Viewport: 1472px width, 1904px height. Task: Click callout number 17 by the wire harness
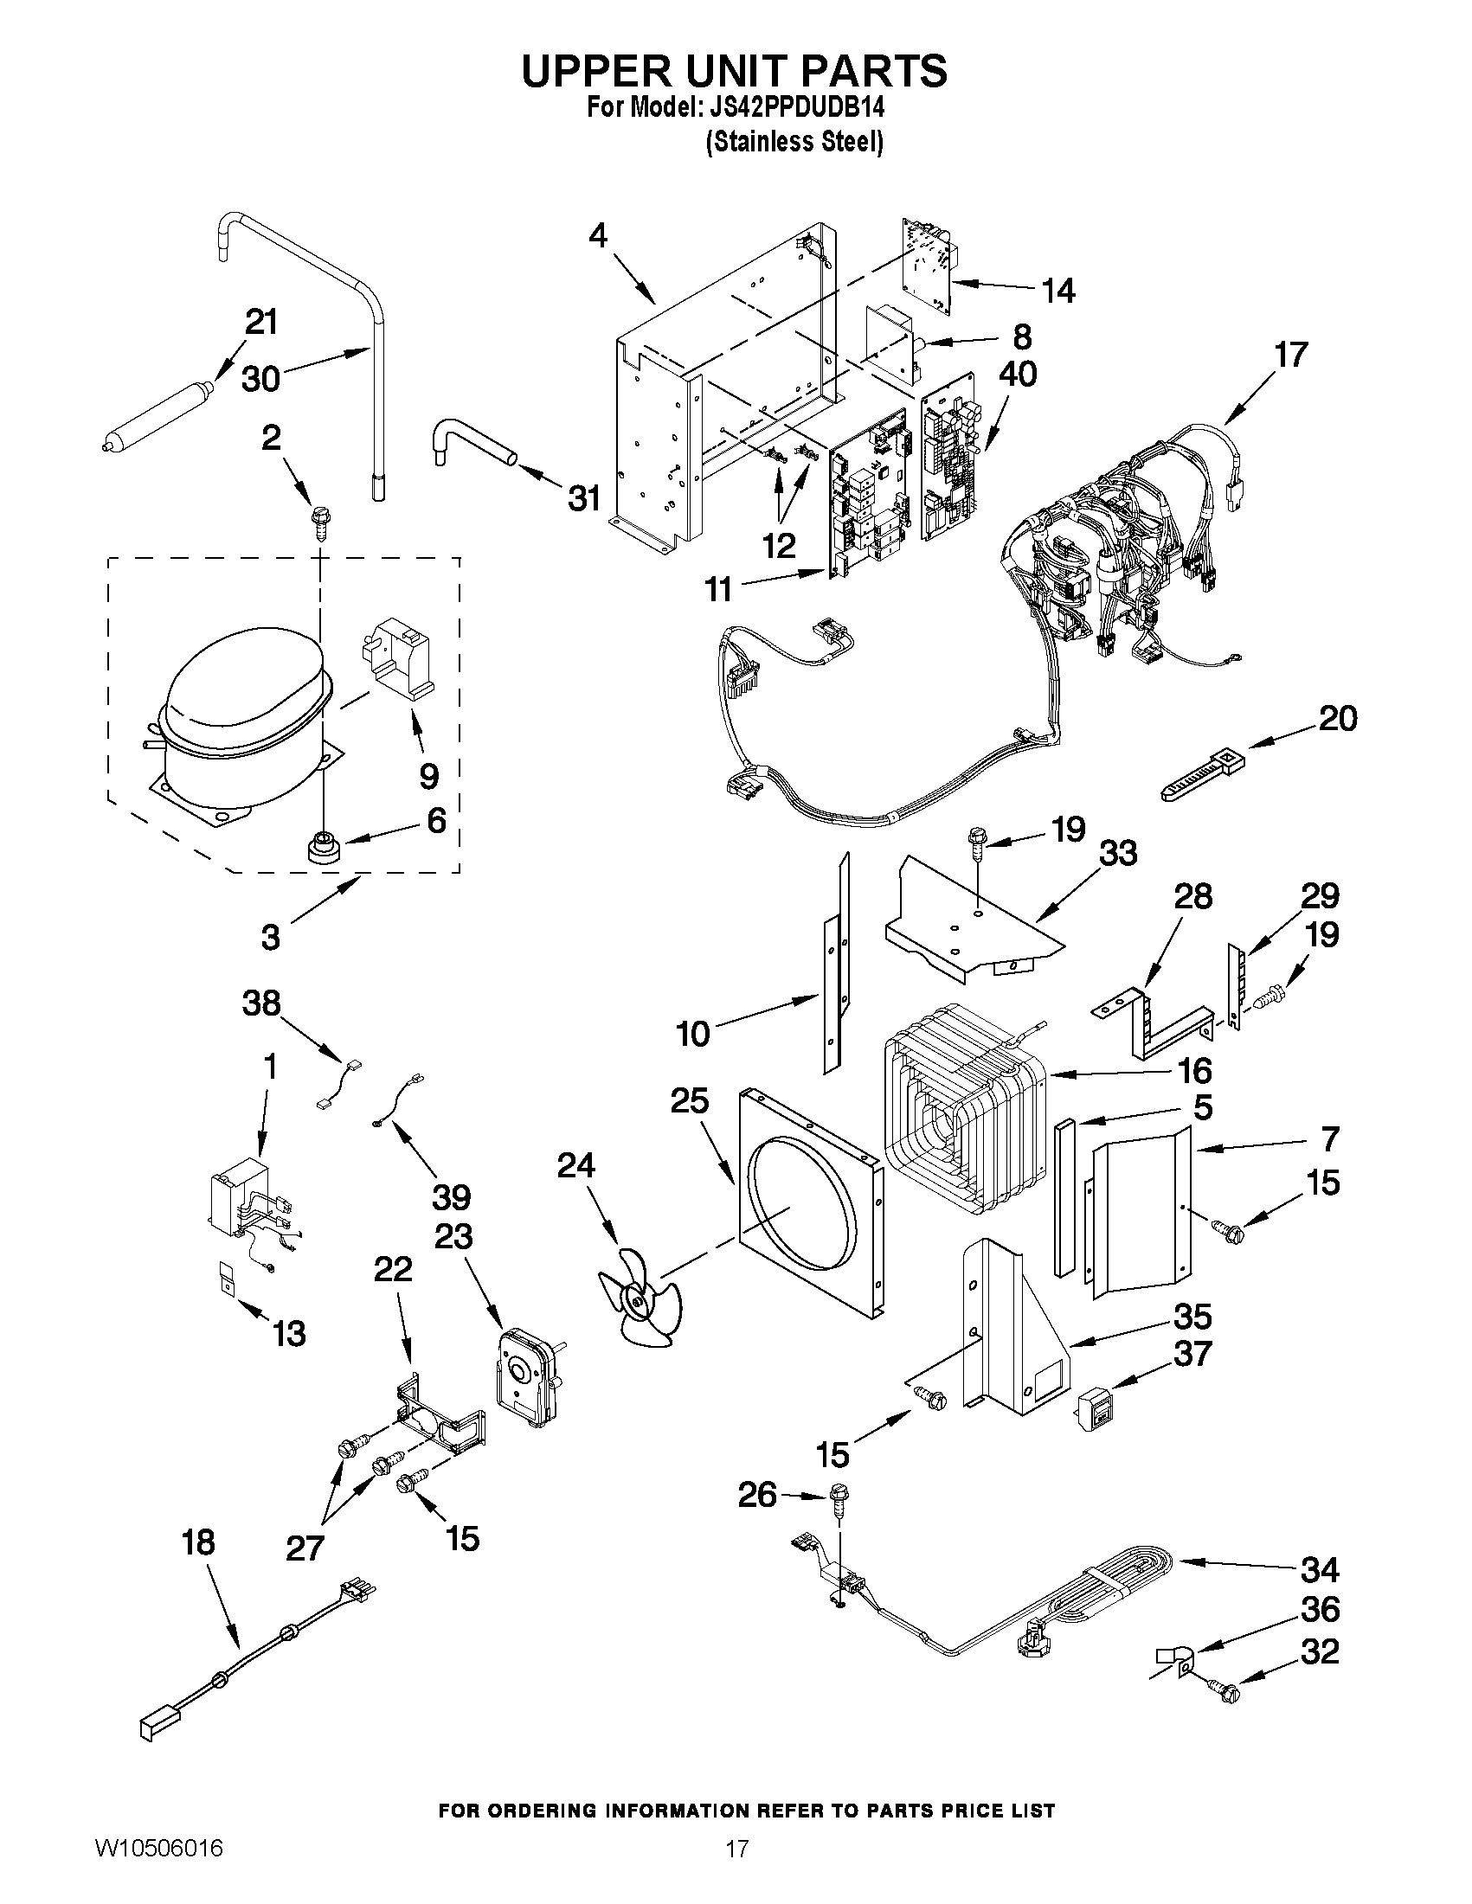pyautogui.click(x=1290, y=355)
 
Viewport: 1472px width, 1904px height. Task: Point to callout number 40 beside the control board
pyautogui.click(x=1017, y=374)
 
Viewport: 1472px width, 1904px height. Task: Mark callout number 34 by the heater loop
pyautogui.click(x=1320, y=1570)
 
